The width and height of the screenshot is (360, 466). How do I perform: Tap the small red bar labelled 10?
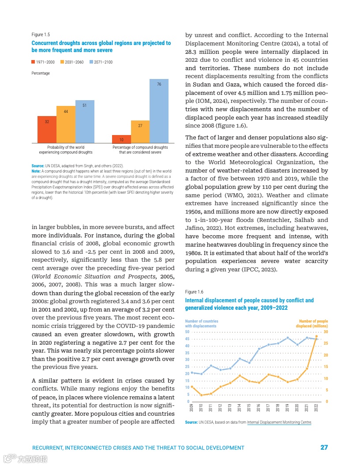pyautogui.click(x=121, y=139)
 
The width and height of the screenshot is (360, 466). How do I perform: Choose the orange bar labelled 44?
pyautogui.click(x=66, y=124)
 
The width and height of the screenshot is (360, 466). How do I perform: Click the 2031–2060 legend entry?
pyautogui.click(x=72, y=62)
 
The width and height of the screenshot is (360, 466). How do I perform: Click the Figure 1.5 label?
pyautogui.click(x=41, y=34)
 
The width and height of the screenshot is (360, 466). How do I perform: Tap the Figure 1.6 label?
pyautogui.click(x=194, y=292)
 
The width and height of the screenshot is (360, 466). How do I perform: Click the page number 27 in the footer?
pyautogui.click(x=324, y=447)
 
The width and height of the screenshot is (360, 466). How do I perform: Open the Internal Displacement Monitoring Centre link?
pyautogui.click(x=279, y=422)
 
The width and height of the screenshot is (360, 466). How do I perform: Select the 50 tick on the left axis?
pyautogui.click(x=187, y=332)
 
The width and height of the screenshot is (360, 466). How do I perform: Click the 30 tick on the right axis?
pyautogui.click(x=326, y=332)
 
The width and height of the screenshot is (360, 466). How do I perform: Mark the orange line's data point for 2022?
pyautogui.click(x=316, y=336)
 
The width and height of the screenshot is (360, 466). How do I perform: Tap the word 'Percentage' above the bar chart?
pyautogui.click(x=41, y=73)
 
